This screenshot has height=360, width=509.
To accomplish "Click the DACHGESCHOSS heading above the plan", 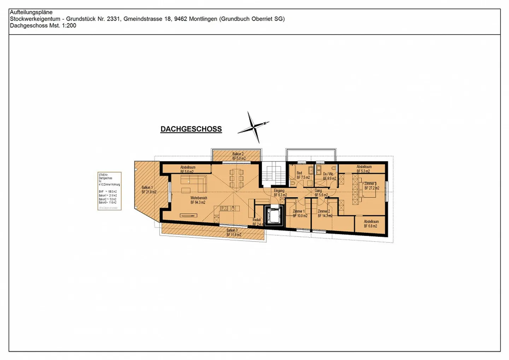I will (191, 129).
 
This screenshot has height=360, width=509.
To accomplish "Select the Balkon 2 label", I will (239, 156).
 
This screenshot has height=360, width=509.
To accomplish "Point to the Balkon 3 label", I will (233, 232).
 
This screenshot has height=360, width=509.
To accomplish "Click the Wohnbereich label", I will (198, 200).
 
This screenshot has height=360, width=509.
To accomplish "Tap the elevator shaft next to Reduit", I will (274, 215).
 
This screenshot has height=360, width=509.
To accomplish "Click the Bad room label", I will (302, 175).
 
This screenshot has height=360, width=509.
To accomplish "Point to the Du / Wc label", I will (329, 176).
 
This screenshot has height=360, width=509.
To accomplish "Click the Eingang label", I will (280, 193).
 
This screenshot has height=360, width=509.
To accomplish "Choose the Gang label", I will (320, 193).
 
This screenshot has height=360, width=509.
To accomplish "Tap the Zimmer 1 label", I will (299, 213).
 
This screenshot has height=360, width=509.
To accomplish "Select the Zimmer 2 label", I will (324, 213).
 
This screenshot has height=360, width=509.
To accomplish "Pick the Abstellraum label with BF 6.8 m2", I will (371, 223).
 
